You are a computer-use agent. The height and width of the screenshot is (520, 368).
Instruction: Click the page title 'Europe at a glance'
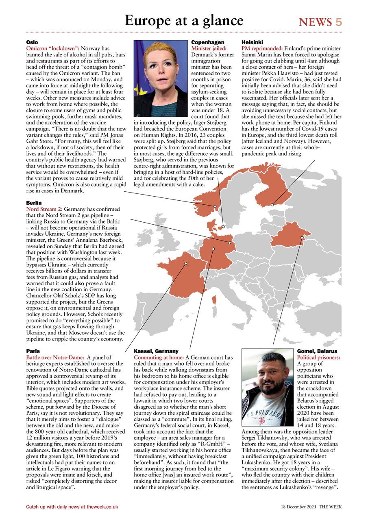tap(184, 20)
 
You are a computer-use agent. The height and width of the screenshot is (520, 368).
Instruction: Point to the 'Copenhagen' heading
tap(208, 42)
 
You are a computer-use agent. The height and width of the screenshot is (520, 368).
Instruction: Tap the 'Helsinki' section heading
tap(252, 42)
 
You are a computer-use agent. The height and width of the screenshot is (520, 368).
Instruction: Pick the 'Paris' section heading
tap(33, 351)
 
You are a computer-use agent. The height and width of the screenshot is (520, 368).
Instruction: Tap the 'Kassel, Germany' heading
tap(156, 351)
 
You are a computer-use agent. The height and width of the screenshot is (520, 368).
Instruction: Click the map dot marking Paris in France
tap(185, 264)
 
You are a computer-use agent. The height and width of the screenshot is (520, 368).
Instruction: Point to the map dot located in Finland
tap(272, 204)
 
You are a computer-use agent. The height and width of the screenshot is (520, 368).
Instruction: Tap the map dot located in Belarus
tap(301, 238)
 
